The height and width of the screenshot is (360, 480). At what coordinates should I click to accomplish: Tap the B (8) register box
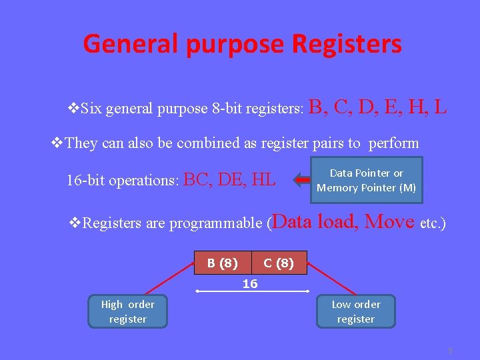223,263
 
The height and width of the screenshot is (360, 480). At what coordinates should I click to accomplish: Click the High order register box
127,312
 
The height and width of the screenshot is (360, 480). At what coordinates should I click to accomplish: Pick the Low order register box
356,312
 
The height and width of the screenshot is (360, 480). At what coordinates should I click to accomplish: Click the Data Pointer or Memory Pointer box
366,180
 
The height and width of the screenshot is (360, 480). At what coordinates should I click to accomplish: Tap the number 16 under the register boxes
250,284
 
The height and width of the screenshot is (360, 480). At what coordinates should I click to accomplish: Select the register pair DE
233,179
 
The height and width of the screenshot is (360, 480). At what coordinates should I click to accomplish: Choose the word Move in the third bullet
390,221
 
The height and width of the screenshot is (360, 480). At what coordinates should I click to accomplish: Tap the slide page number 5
450,350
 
